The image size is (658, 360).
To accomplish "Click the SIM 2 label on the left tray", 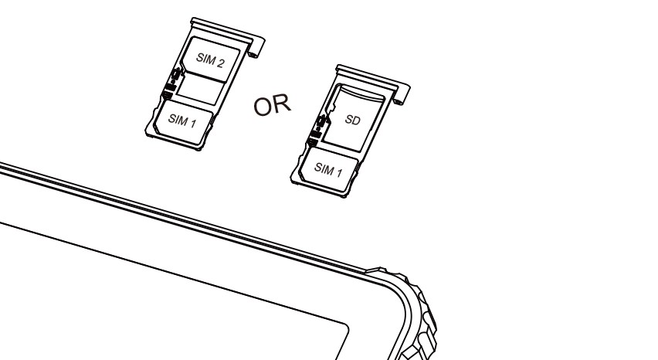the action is pos(210,60).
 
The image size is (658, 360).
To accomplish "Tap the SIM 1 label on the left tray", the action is pos(182,121).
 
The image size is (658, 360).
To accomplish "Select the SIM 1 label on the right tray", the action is pos(328,169).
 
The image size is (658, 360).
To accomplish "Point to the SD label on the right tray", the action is pos(352,120).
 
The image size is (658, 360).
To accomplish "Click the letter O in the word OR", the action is pos(263,107).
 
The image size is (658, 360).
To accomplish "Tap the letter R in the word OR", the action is pos(281,103).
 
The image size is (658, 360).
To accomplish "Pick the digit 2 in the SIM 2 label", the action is pos(219,63).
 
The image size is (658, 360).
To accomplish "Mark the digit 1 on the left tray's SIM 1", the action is pos(192,124).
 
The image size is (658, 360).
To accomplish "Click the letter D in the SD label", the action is pos(356,121).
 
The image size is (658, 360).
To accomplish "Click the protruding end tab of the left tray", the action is pos(256,47).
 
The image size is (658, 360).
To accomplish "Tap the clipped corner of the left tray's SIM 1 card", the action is pos(157,126).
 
